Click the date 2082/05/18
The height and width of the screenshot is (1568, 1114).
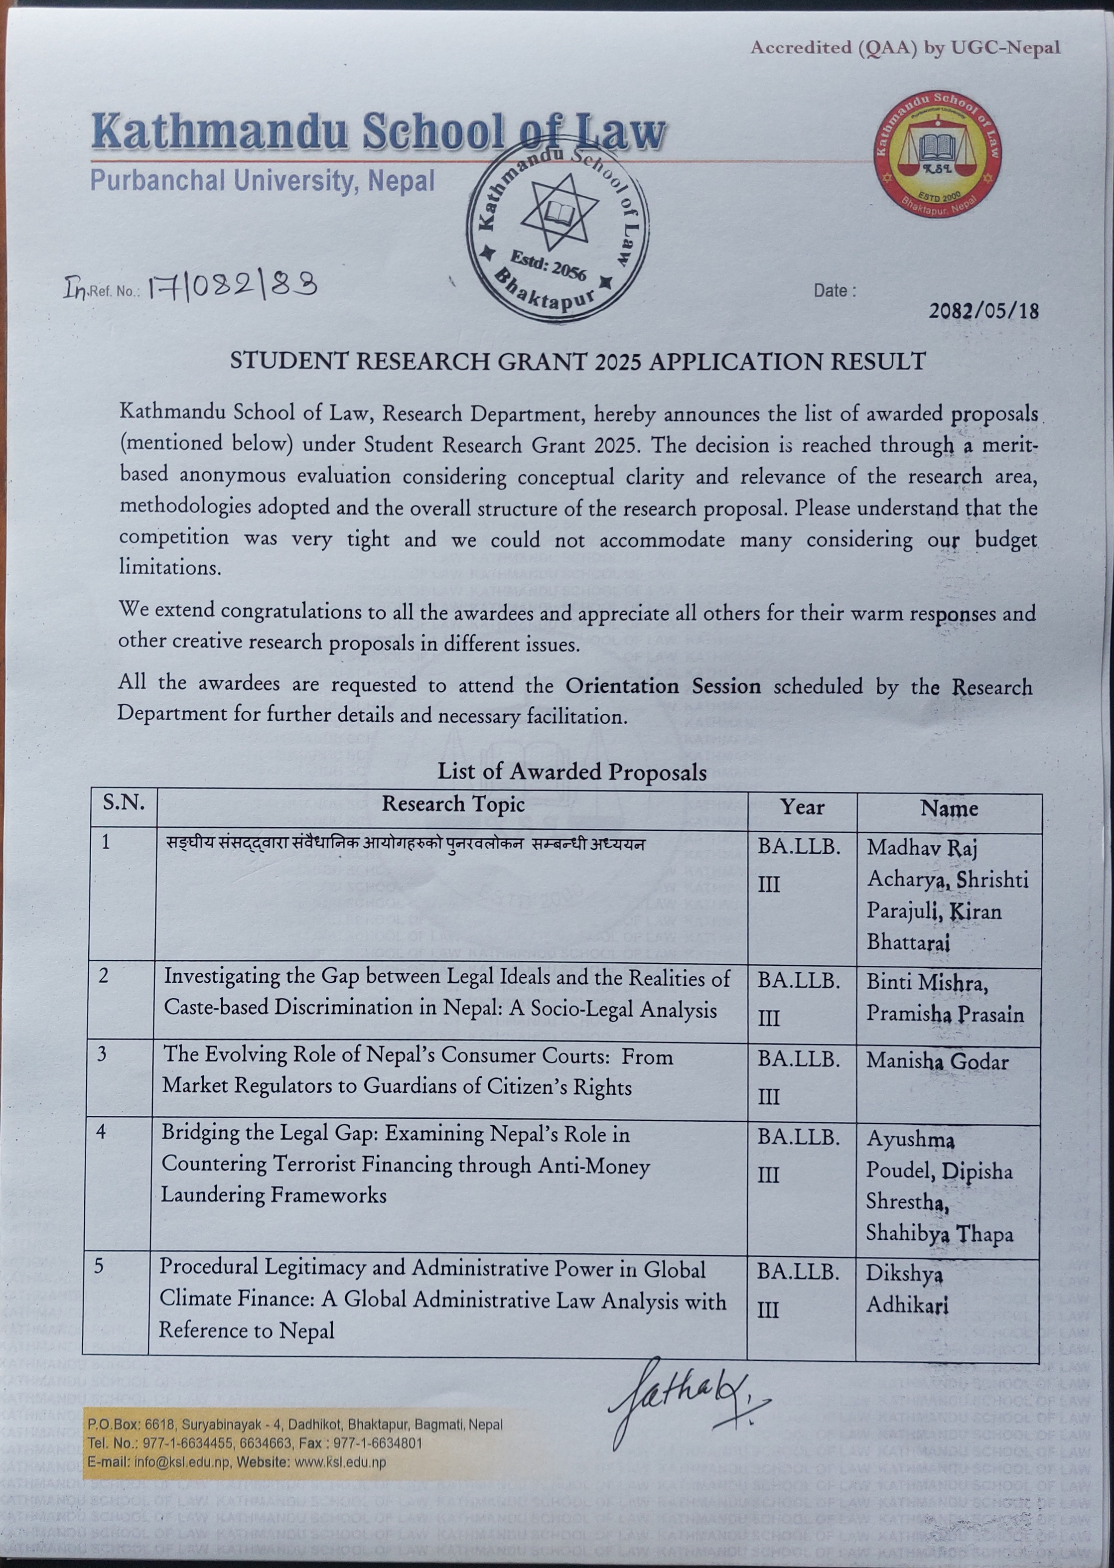click(x=983, y=311)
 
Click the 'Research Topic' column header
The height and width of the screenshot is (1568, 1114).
click(x=453, y=803)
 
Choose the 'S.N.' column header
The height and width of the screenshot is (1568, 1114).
click(x=124, y=802)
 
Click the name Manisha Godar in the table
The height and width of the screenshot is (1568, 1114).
click(x=937, y=1062)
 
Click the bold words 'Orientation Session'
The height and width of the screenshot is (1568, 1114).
click(x=663, y=686)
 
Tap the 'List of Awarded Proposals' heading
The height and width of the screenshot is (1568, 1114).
click(x=572, y=772)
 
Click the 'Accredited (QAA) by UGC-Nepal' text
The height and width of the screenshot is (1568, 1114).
click(x=905, y=47)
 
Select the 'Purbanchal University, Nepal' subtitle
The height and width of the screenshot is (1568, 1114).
click(x=263, y=180)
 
